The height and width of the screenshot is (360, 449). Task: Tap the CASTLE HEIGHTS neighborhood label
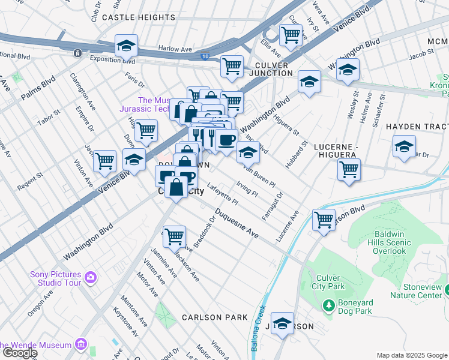(138, 17)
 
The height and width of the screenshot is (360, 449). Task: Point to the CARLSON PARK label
(215, 317)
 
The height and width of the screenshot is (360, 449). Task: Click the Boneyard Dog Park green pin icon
(328, 306)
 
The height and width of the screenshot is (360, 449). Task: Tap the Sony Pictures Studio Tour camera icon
(91, 277)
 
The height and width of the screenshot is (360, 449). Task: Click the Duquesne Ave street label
(237, 223)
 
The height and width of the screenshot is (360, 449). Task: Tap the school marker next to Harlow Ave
(127, 46)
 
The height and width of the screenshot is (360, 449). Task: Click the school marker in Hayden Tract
(404, 146)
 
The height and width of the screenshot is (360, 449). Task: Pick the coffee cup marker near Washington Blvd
(226, 140)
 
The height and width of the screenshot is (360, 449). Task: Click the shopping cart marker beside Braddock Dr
(174, 236)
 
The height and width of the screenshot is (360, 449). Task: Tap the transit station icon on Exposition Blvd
(77, 53)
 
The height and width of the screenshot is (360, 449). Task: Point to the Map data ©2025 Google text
(411, 355)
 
